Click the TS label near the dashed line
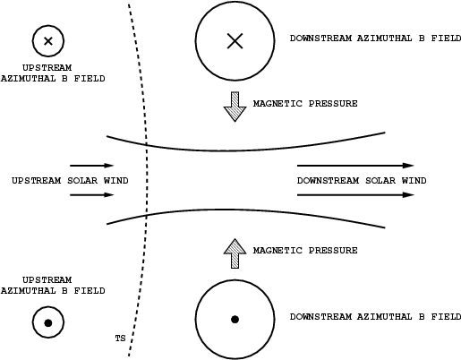pyautogui.click(x=120, y=339)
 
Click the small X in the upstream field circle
pyautogui.click(x=48, y=41)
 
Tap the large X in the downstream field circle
pyautogui.click(x=235, y=41)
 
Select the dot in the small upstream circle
pyautogui.click(x=48, y=322)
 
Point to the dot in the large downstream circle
pyautogui.click(x=235, y=320)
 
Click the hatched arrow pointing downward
pyautogui.click(x=235, y=107)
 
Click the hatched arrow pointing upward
pyautogui.click(x=235, y=253)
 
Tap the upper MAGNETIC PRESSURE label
pyautogui.click(x=305, y=104)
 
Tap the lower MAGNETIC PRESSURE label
pyautogui.click(x=305, y=250)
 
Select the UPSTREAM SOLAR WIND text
pyautogui.click(x=70, y=181)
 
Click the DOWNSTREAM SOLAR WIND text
pyautogui.click(x=362, y=181)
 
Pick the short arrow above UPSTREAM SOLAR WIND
pyautogui.click(x=92, y=166)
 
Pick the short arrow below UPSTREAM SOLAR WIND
pyautogui.click(x=92, y=195)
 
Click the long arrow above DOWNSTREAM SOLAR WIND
pyautogui.click(x=355, y=166)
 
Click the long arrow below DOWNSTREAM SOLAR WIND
pyautogui.click(x=355, y=195)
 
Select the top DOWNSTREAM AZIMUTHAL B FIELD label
pyautogui.click(x=375, y=39)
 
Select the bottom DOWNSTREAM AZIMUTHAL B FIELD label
pyautogui.click(x=375, y=316)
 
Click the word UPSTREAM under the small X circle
pyautogui.click(x=47, y=68)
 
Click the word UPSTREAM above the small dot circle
pyautogui.click(x=47, y=280)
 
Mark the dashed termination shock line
pyautogui.click(x=146, y=179)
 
